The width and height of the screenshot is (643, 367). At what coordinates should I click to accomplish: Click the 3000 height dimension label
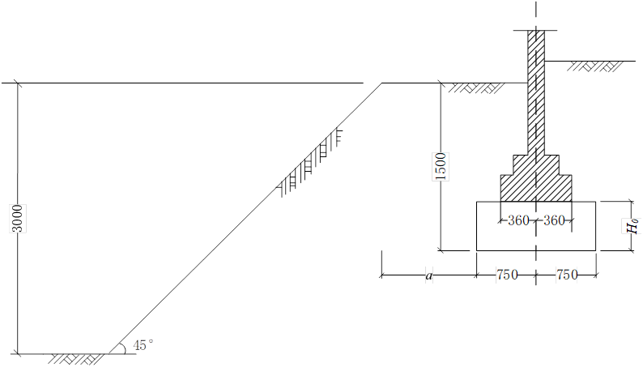(x=18, y=218)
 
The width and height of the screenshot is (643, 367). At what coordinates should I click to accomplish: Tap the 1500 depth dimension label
(x=441, y=166)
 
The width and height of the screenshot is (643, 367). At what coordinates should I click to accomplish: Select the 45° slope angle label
(x=143, y=345)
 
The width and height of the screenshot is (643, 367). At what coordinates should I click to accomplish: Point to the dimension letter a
(x=429, y=276)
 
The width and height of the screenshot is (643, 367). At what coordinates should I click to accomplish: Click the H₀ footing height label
(x=634, y=225)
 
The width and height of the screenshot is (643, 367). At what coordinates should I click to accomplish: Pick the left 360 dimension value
(x=518, y=220)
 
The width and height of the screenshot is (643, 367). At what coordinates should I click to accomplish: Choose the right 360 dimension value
(x=554, y=220)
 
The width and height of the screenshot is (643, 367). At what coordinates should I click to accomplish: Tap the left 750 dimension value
(x=507, y=275)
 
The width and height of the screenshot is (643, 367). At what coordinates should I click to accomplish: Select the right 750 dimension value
(x=567, y=275)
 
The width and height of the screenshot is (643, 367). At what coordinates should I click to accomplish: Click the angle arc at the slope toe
(x=125, y=348)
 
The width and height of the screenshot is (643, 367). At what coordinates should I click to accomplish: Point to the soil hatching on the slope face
(x=310, y=163)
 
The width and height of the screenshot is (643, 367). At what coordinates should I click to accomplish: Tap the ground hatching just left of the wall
(x=476, y=88)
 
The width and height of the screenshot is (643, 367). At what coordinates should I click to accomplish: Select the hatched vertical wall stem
(x=536, y=92)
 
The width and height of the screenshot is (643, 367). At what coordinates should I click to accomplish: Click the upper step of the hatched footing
(x=536, y=164)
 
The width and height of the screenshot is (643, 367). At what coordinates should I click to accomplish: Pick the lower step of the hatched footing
(x=536, y=188)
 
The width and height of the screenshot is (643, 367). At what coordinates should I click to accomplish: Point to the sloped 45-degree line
(x=245, y=218)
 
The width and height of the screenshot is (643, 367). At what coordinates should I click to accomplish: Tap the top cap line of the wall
(x=536, y=30)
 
